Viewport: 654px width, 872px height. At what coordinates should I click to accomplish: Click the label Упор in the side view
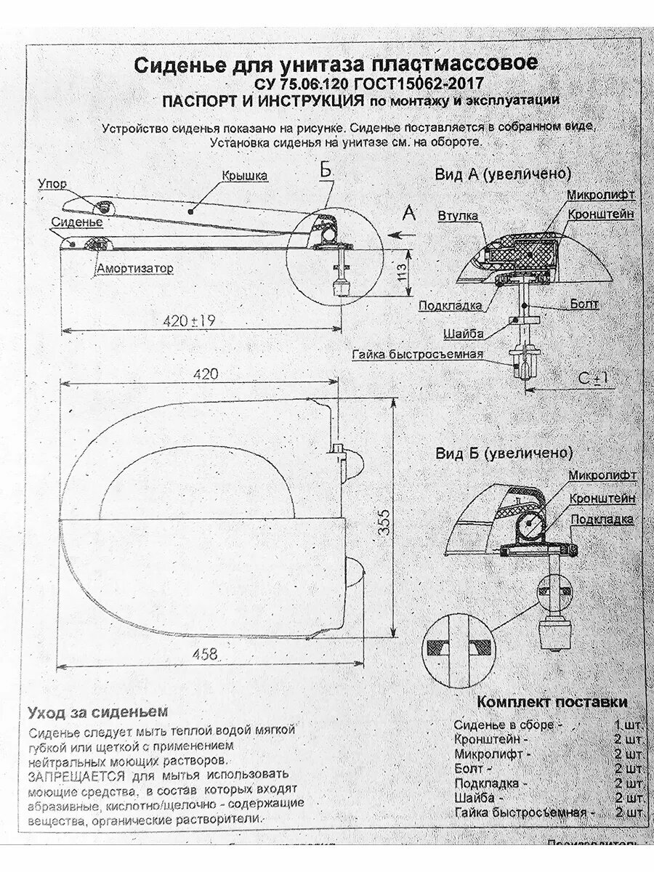tap(52, 185)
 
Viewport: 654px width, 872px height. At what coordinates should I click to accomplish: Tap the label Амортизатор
tap(135, 269)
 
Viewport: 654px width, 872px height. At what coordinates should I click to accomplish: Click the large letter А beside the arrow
tap(408, 213)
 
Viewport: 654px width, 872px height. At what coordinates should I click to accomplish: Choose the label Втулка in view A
tap(458, 216)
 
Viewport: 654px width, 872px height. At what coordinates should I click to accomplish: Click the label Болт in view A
tap(584, 304)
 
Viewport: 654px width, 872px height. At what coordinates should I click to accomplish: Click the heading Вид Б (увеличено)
tap(504, 453)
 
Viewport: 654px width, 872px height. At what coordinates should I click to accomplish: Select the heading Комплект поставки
tap(552, 703)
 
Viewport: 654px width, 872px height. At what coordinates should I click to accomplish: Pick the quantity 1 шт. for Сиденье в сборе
tap(628, 724)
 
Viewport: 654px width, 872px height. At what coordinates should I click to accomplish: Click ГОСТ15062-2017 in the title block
tap(413, 84)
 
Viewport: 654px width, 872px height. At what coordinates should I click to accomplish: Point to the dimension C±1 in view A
tap(593, 379)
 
